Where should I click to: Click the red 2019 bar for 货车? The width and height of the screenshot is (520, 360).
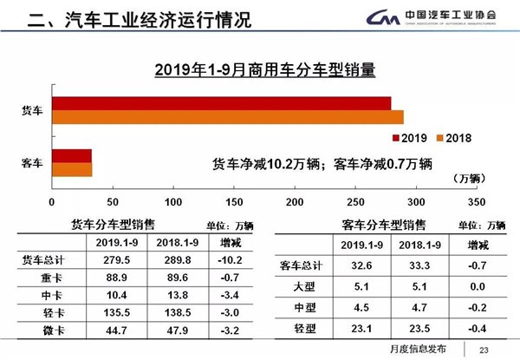click(x=221, y=104)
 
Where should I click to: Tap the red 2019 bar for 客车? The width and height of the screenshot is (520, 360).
click(x=72, y=156)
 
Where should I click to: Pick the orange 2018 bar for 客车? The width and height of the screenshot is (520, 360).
click(x=72, y=169)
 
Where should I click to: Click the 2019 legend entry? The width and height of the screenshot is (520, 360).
click(x=409, y=137)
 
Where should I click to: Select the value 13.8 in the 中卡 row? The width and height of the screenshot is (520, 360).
click(x=180, y=294)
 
